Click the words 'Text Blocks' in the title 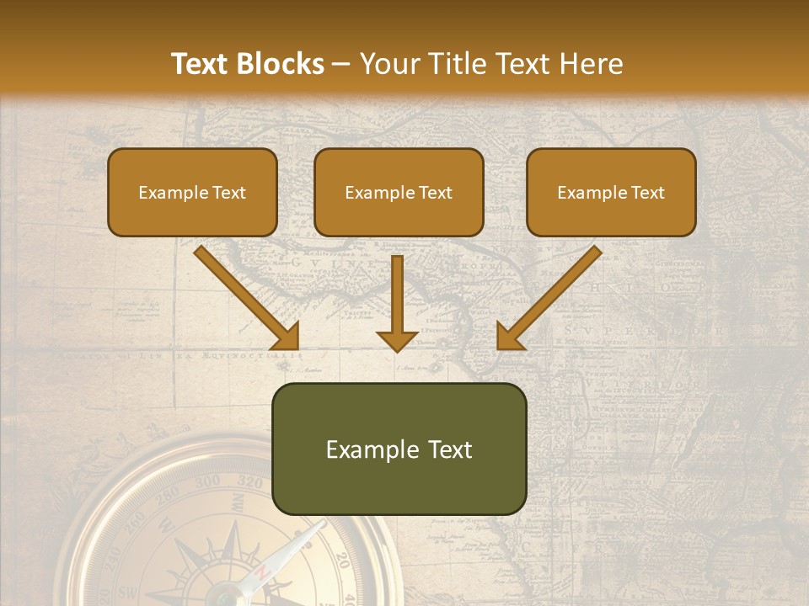247,64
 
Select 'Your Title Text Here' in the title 491,64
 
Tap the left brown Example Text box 192,193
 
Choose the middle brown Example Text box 399,193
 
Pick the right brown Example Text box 611,193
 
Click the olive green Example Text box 399,449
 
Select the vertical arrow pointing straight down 397,303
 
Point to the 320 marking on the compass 250,483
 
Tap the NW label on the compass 238,505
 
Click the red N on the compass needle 262,573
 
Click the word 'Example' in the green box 369,449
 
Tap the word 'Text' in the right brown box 647,193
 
